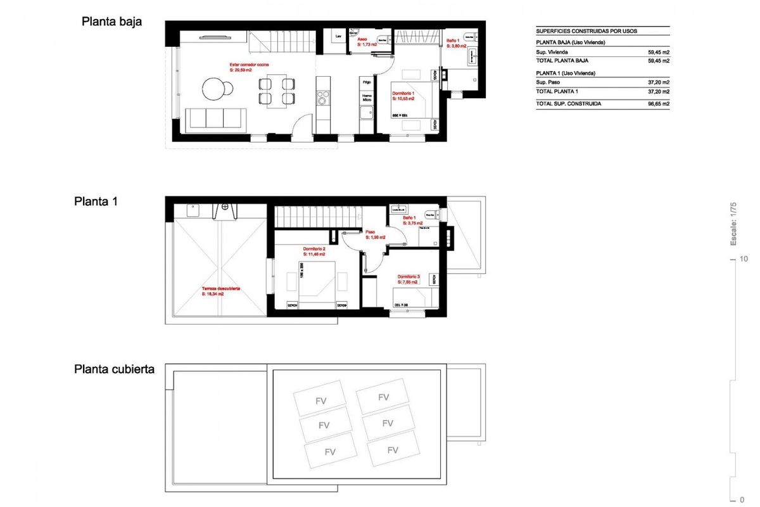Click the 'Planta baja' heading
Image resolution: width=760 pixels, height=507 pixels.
111,22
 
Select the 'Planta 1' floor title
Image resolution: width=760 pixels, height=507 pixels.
96,202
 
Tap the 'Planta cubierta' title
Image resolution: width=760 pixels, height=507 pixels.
114,369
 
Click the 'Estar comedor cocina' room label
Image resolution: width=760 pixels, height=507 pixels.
249,65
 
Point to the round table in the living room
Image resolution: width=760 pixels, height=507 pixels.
216,88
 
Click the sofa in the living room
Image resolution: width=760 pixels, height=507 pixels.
216,119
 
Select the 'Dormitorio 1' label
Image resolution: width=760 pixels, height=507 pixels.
403,94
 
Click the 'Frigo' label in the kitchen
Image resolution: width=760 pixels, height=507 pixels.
367,82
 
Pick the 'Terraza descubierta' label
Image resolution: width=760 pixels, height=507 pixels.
221,288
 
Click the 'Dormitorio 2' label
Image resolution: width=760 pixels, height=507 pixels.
314,248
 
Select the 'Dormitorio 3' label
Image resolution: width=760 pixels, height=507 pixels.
408,277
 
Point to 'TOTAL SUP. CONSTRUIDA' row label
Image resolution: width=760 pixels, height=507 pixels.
568,103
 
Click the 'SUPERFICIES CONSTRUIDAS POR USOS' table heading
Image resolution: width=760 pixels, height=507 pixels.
586,30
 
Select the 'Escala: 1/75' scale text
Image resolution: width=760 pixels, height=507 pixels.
733,224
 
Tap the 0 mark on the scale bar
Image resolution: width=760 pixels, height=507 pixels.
742,499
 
